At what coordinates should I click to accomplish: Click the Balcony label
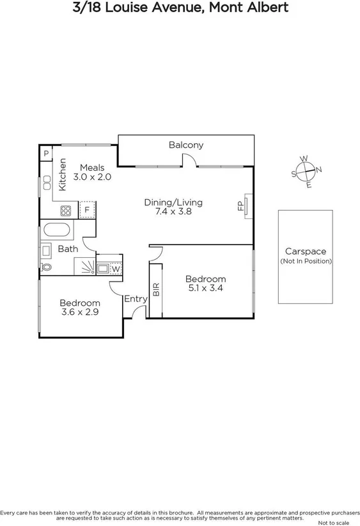(186, 145)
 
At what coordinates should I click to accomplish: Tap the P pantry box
(46, 154)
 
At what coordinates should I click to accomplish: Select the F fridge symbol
(87, 210)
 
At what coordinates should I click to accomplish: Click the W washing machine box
(114, 269)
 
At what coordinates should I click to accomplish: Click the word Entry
(136, 299)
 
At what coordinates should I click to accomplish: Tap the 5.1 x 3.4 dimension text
(205, 289)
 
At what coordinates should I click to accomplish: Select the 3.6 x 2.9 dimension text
(80, 313)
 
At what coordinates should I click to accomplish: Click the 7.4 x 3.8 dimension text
(173, 212)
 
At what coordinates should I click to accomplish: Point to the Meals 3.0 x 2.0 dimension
(92, 177)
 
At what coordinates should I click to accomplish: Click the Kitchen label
(63, 174)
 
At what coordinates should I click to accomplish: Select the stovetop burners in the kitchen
(66, 210)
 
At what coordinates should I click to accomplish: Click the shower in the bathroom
(85, 266)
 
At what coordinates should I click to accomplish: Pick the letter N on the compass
(319, 170)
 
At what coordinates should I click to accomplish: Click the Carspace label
(306, 251)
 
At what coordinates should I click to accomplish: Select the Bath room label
(68, 249)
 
